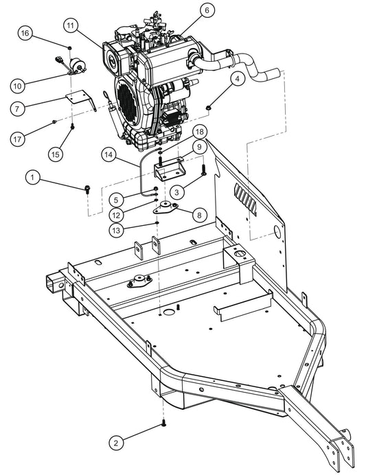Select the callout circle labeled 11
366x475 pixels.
pos(70,25)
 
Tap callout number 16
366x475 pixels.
pos(25,33)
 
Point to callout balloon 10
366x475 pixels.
pos(18,86)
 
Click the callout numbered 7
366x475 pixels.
pos(19,108)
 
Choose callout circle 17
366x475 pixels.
pos(19,139)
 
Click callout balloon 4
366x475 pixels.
pos(236,80)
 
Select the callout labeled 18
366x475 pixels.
pos(199,130)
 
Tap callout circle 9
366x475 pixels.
pos(197,146)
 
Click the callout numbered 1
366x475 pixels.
pos(32,177)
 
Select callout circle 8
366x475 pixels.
pos(198,215)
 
